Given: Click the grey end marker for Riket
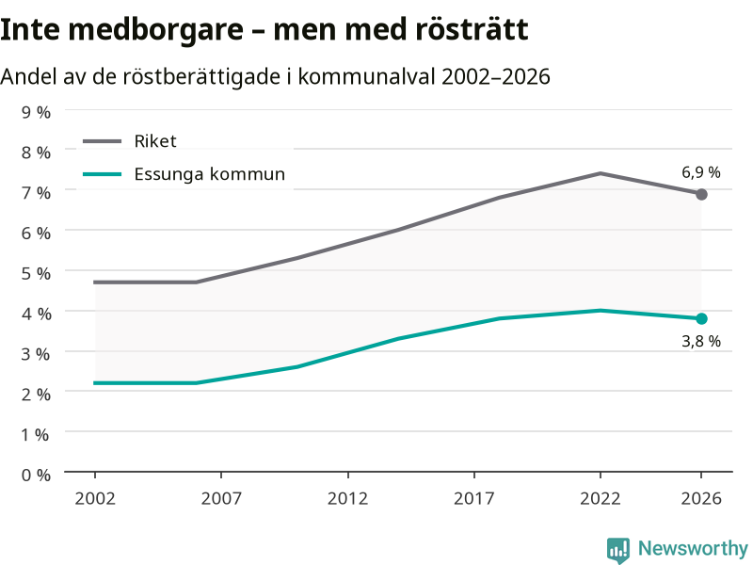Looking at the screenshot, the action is (701, 195).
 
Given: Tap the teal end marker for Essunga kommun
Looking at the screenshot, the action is (701, 318).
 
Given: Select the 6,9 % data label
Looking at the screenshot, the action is (701, 172).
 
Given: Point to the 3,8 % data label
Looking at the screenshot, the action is (701, 341).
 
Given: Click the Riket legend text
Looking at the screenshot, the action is (155, 141).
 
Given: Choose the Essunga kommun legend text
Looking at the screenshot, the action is (209, 174).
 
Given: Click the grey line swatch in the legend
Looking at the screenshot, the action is (103, 141).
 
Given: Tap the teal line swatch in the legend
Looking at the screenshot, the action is (103, 174).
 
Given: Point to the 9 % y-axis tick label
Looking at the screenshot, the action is (36, 112).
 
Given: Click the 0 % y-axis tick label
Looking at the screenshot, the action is (36, 476).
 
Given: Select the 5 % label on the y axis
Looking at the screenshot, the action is (36, 273).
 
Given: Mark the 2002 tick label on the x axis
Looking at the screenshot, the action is (95, 498).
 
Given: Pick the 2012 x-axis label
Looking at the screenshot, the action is (347, 498).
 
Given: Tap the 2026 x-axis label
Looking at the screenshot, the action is (701, 498).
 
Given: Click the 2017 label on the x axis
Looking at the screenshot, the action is (474, 498).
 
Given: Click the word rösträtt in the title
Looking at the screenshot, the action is (472, 29).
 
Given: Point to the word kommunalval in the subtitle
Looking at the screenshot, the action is (366, 76).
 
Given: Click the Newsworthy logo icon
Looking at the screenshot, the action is (618, 550).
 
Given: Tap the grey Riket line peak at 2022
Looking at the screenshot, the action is (601, 173).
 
